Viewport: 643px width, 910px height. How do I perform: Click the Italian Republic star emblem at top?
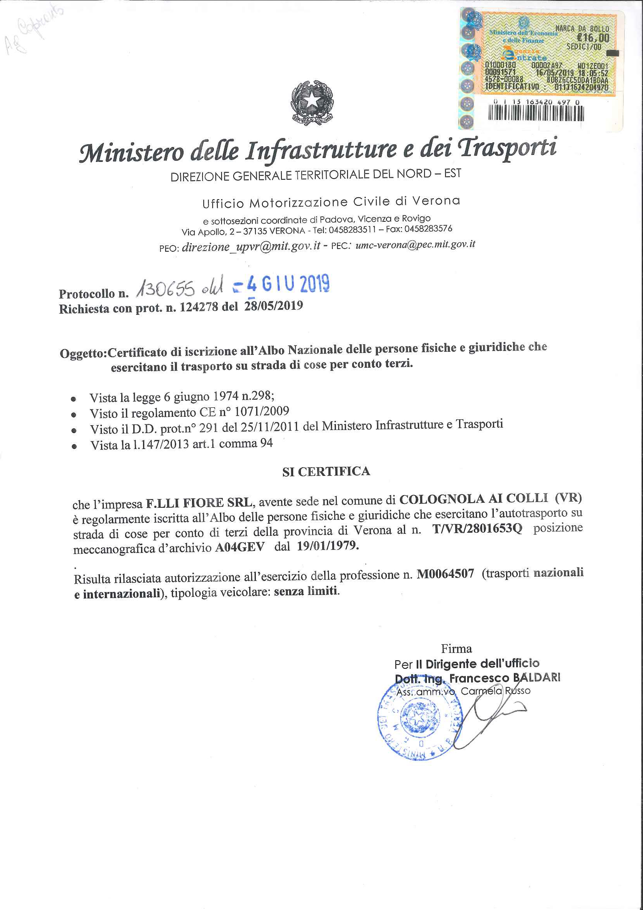coord(312,102)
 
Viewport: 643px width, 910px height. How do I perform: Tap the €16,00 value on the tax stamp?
coord(593,38)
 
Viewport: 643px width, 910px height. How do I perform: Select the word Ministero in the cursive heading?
coord(131,152)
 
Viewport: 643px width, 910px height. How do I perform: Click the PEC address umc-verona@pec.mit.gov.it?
coord(415,244)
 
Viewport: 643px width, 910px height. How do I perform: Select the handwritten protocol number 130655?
coord(166,290)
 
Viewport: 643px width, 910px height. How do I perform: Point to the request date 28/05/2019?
coord(273,306)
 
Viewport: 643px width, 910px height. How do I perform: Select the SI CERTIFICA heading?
coord(326,472)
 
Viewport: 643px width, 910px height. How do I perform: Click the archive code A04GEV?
coord(240,547)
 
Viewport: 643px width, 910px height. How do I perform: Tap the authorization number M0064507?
coord(445,574)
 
